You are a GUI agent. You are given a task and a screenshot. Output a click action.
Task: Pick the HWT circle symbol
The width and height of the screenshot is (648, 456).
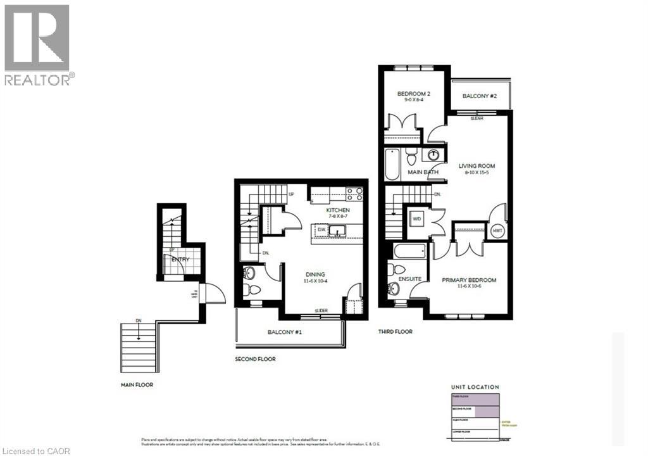pyautogui.click(x=497, y=231)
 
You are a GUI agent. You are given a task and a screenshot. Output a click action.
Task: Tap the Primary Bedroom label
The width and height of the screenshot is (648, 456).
pyautogui.click(x=469, y=282)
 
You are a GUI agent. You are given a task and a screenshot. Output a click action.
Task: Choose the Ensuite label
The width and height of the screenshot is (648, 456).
pyautogui.click(x=410, y=279)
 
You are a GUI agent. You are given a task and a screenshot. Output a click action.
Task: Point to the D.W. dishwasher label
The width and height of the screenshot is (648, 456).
pyautogui.click(x=321, y=229)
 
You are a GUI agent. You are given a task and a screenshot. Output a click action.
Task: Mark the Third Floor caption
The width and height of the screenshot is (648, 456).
pyautogui.click(x=396, y=332)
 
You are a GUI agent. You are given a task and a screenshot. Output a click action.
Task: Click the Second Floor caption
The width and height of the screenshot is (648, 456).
pyautogui.click(x=255, y=359)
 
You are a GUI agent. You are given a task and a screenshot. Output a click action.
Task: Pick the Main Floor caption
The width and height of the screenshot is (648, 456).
pyautogui.click(x=137, y=384)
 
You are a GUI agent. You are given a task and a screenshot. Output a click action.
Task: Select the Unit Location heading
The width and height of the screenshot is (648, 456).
pyautogui.click(x=475, y=387)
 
